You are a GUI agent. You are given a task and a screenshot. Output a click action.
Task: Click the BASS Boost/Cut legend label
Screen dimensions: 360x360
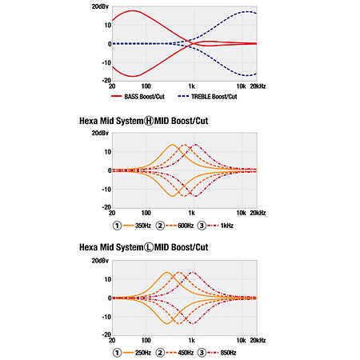[x=144, y=97]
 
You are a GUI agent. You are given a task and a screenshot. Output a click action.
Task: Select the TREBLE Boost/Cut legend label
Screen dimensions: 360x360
[x=214, y=97]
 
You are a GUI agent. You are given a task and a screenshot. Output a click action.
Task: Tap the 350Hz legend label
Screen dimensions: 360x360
[x=143, y=226]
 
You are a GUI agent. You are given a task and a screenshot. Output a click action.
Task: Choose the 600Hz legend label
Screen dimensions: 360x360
[x=186, y=226]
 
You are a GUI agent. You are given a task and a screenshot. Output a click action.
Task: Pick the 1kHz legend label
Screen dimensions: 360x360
[x=227, y=226]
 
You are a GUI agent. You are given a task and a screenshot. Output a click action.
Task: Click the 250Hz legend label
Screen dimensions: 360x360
[x=143, y=353]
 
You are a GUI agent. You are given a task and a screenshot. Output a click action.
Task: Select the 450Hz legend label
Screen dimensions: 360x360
[x=186, y=353]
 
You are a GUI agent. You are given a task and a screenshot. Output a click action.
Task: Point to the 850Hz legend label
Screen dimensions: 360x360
[x=228, y=353]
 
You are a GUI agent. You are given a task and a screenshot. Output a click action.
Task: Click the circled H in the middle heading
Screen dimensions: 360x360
[x=149, y=121]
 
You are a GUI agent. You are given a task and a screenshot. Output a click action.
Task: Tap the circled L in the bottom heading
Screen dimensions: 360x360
[x=149, y=247]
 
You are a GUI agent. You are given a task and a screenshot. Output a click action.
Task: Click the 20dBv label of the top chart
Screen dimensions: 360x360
[x=100, y=6]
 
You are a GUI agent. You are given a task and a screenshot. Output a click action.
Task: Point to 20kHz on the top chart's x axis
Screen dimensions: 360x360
[x=258, y=86]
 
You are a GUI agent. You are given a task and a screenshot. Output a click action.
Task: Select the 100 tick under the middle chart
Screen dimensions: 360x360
[x=146, y=213]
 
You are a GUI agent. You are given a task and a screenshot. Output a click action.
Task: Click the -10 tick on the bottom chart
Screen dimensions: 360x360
[x=106, y=317]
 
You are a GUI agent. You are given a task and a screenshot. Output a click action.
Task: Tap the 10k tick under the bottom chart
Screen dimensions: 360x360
[x=241, y=340]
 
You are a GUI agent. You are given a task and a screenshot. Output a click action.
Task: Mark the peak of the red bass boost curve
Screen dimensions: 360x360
[x=132, y=10]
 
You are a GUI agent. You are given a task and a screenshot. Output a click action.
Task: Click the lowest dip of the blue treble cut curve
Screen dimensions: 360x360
[x=247, y=75]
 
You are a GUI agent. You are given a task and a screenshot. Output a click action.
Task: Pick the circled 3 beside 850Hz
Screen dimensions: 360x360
[x=202, y=353]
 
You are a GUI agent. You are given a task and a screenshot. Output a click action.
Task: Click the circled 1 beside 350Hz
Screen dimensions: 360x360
[x=117, y=226]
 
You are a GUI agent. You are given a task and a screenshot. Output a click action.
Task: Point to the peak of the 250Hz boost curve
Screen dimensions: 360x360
[x=167, y=272]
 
